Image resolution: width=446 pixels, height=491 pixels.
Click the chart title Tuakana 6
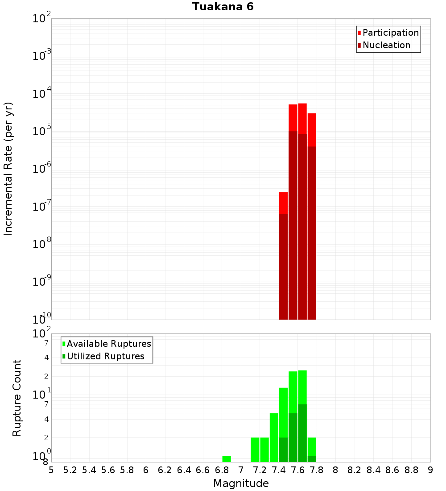coord(223,7)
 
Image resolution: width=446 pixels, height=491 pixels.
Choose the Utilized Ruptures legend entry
coord(105,356)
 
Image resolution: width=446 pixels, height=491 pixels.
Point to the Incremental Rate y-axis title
coord(8,169)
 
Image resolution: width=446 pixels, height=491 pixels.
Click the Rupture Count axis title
coord(17,398)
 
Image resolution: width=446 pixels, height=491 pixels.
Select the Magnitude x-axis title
coord(241,483)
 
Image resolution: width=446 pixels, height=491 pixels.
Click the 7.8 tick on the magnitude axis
coord(317,470)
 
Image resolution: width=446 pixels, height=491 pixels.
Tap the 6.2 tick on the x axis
coord(165,470)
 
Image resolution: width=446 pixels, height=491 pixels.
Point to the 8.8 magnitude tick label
coord(411,470)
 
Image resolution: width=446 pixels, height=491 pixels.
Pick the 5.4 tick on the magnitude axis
coord(89,470)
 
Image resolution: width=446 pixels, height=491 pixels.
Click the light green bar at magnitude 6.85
coord(227,459)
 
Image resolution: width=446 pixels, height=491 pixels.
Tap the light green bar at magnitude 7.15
coord(255,449)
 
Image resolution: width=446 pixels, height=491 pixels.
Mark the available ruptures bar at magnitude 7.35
coord(274,437)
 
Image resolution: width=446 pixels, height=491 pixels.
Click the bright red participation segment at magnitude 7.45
coord(283,203)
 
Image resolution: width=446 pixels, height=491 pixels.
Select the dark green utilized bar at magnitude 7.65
coord(302,433)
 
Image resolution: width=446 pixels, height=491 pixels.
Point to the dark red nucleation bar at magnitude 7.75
coord(312,232)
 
